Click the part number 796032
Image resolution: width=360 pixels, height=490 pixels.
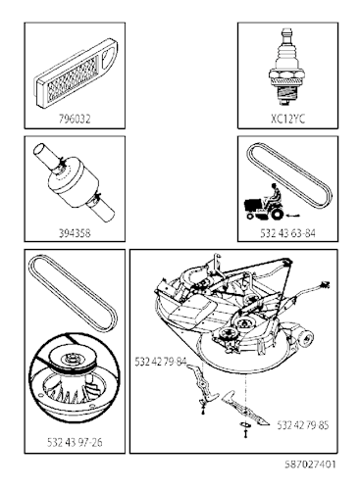(x=75, y=119)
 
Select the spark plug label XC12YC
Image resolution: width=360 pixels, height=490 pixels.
(x=287, y=119)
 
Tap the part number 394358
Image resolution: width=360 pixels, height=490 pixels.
(x=75, y=233)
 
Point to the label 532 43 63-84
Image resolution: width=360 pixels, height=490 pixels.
(x=287, y=233)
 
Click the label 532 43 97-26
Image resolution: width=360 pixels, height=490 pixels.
(x=75, y=442)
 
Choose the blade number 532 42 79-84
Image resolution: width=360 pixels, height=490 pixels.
(x=161, y=362)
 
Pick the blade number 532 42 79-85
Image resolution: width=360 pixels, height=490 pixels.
(x=303, y=425)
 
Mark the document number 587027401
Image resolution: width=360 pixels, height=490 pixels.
(x=310, y=465)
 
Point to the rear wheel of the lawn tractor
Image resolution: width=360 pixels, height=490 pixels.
(x=277, y=214)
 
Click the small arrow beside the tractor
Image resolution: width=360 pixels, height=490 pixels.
(x=293, y=215)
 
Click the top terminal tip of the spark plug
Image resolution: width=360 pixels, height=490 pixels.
(x=287, y=31)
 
